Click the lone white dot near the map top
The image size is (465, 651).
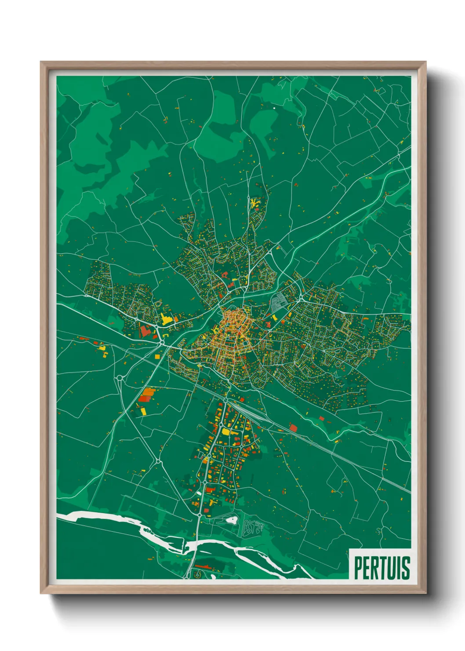coord(274,107)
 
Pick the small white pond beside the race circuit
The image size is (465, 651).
coord(231,520)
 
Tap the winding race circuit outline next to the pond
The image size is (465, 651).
coord(252,527)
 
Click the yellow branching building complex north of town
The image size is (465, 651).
coord(254,204)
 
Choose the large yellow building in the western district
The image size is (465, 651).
coord(166,319)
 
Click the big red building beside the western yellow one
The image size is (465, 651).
coord(145,330)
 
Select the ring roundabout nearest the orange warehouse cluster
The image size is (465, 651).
coord(120,377)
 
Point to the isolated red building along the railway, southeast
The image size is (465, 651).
coord(293,427)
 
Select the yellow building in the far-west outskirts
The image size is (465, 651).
coord(102,348)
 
